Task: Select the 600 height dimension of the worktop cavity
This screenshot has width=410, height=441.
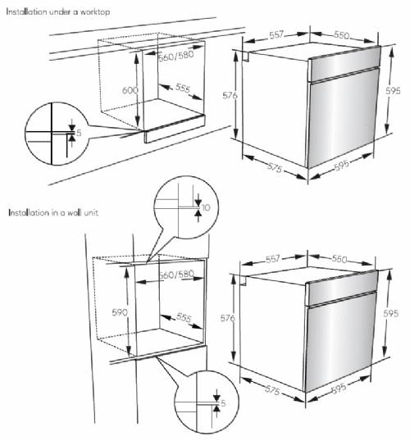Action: [120, 90]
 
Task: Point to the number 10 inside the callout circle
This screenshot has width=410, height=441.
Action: [206, 207]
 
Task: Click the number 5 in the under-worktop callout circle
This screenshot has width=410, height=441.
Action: [80, 131]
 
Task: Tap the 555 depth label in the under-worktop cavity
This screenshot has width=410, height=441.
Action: [182, 89]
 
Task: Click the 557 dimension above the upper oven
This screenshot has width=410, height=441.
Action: [276, 36]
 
